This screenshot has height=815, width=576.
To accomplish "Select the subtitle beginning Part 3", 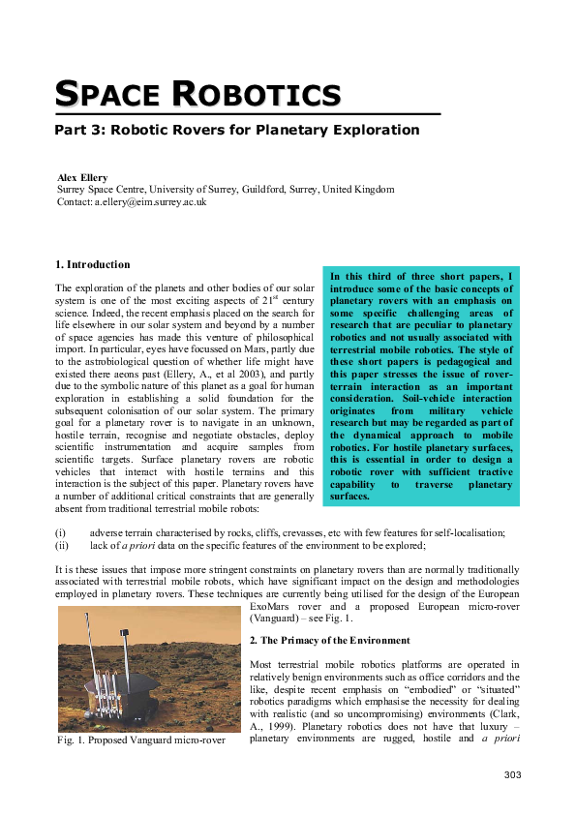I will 237,130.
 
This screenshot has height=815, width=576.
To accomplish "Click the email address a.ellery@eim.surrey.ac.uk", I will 150,202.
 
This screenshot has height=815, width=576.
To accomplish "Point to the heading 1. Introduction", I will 93,264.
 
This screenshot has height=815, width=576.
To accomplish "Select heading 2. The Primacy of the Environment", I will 329,641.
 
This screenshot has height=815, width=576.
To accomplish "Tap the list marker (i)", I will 61,532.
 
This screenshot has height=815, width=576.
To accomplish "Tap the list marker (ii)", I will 62,545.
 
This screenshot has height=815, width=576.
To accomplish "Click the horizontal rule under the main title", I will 247,114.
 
